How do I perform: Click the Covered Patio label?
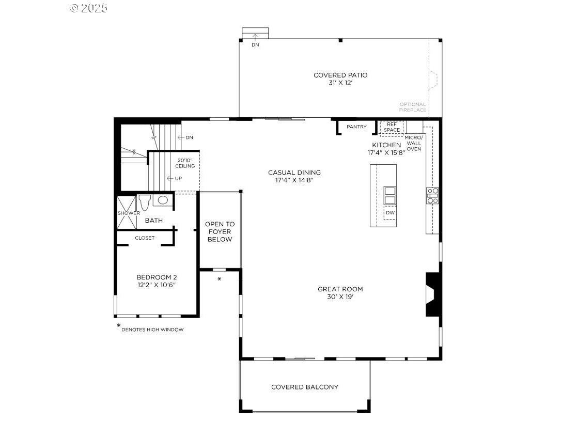[x=340, y=75]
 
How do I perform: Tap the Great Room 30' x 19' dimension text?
[x=340, y=297]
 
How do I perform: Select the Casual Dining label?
[x=294, y=173]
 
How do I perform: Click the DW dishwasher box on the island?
[x=390, y=212]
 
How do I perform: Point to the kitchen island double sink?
[x=390, y=196]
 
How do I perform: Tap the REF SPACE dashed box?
[x=391, y=127]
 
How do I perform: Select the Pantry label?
[x=356, y=127]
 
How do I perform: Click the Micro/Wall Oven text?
[x=414, y=143]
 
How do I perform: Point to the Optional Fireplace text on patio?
[x=413, y=107]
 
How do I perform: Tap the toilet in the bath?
[x=144, y=202]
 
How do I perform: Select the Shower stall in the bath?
[x=128, y=212]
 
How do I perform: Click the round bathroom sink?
[x=163, y=200]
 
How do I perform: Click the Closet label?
[x=145, y=238]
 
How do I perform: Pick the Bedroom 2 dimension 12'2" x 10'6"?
[x=156, y=285]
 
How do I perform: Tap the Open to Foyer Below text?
[x=220, y=232]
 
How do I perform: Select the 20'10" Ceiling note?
[x=185, y=163]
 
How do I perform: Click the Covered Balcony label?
[x=305, y=387]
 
